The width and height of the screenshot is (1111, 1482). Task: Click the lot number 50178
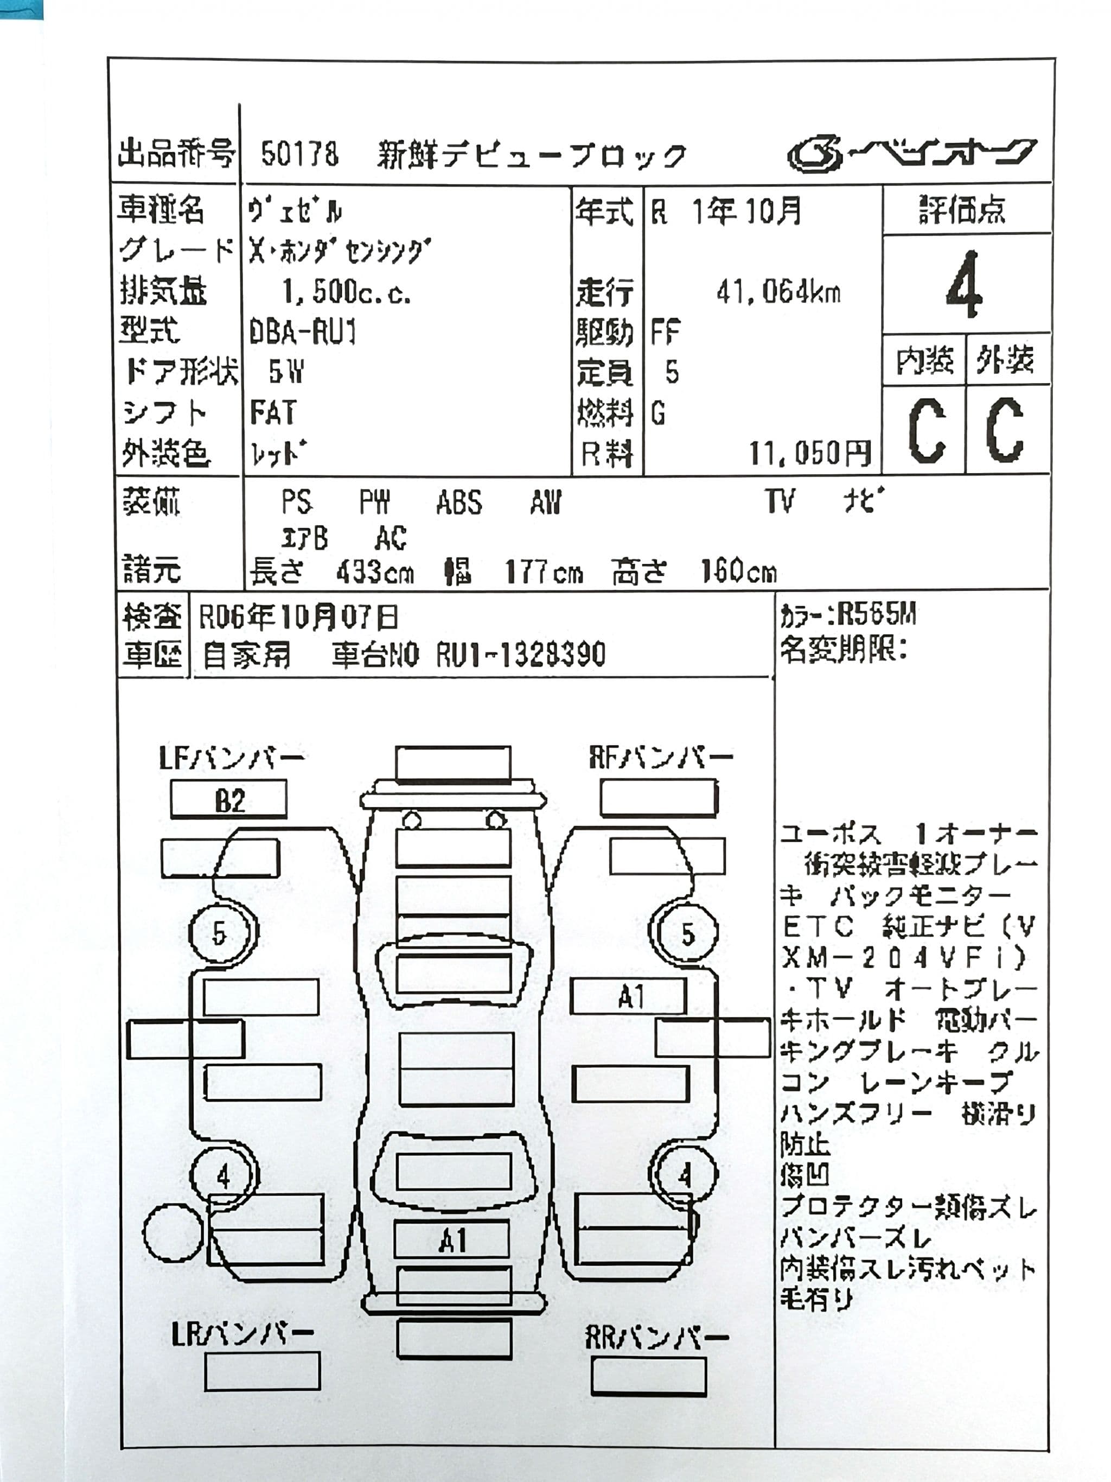(x=299, y=154)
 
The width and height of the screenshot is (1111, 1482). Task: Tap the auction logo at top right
(x=911, y=154)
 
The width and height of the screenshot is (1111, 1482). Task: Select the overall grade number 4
(x=965, y=285)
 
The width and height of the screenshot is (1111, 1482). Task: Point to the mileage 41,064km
(x=778, y=292)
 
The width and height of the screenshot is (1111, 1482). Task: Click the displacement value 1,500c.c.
(x=346, y=292)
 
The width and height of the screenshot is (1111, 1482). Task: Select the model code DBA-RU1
(x=303, y=332)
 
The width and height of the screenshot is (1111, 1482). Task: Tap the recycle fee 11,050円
(x=809, y=454)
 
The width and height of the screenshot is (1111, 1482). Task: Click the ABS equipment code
(x=459, y=503)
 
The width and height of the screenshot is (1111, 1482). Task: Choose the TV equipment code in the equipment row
(x=780, y=501)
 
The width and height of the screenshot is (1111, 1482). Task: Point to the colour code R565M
(x=877, y=614)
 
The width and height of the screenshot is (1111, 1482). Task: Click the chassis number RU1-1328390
(x=521, y=654)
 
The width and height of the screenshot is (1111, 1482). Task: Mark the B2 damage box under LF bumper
(x=229, y=800)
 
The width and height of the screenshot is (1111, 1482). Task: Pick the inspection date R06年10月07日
(x=299, y=617)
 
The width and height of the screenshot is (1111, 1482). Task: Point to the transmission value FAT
(x=272, y=413)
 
